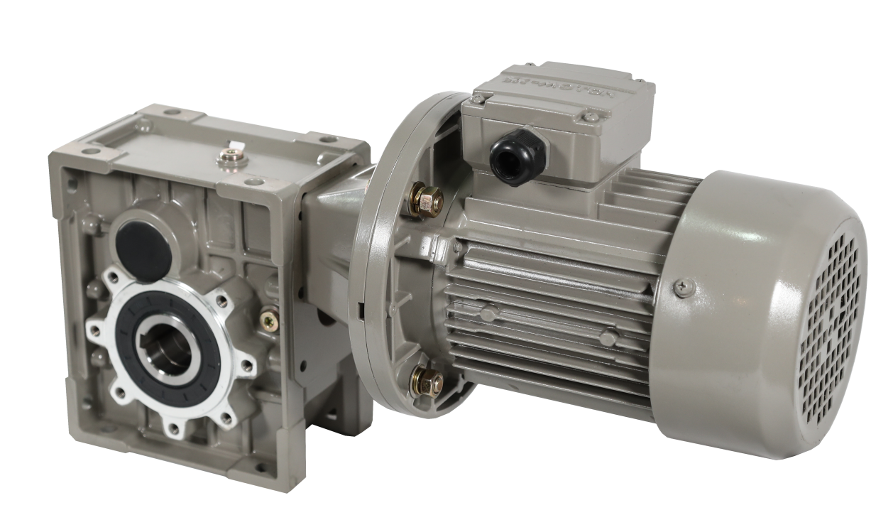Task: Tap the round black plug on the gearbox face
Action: point(143,240)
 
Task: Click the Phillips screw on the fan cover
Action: point(683,287)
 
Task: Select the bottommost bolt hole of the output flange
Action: point(173,428)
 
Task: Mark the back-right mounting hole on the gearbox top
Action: point(325,139)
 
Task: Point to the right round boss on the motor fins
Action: point(607,338)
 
